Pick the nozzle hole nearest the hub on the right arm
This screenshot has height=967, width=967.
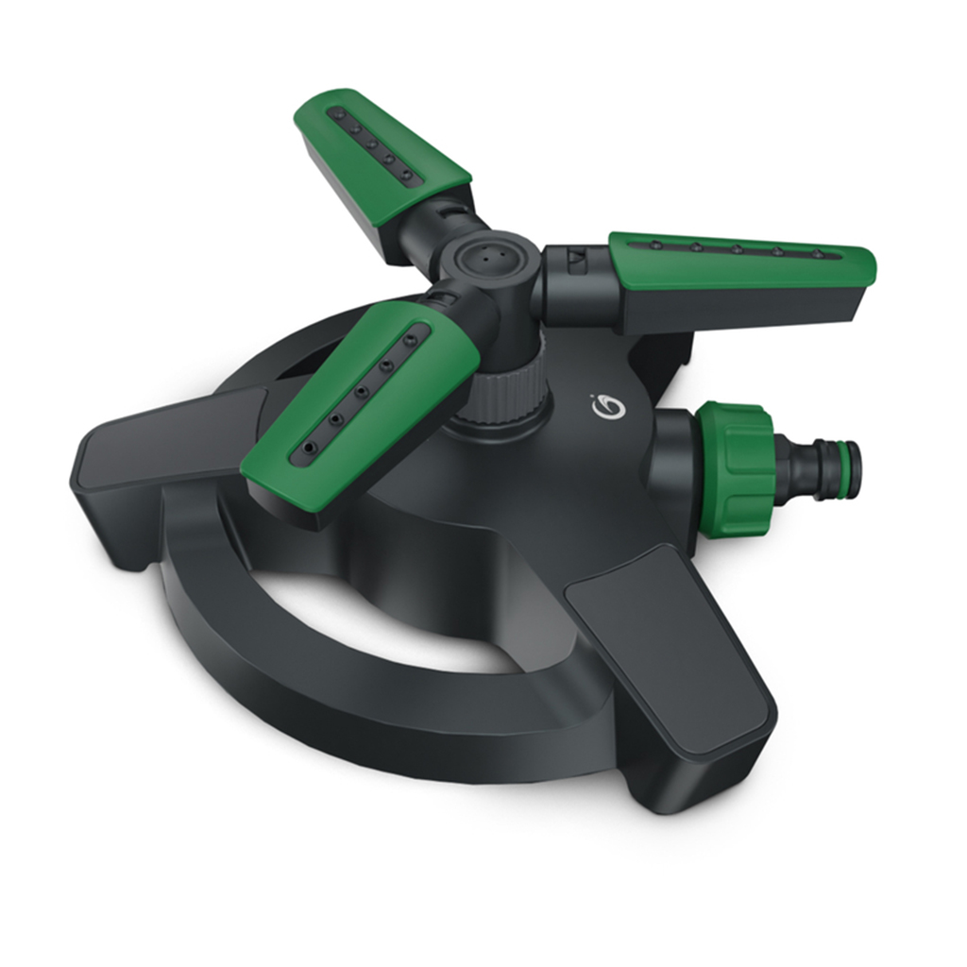tap(653, 246)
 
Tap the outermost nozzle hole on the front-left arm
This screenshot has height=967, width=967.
tap(307, 445)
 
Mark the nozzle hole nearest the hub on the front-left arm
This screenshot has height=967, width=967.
tap(410, 334)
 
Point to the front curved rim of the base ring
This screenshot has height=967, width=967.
tap(378, 727)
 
